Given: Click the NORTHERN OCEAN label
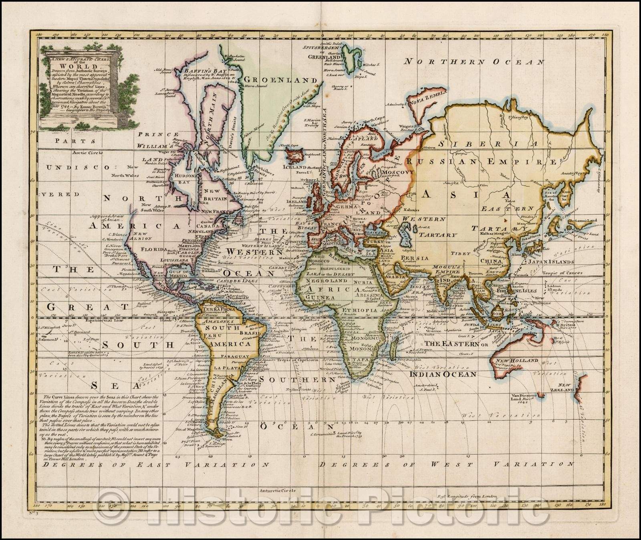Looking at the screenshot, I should click(474, 62).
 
